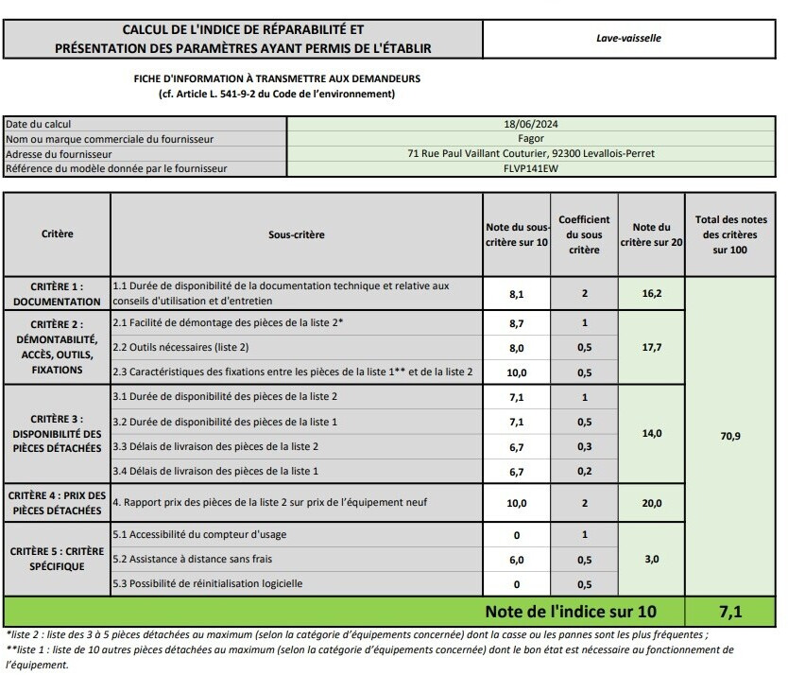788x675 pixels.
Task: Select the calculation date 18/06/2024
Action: tap(531, 124)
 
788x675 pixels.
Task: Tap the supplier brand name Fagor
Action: tap(531, 139)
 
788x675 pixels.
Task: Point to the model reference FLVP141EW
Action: tap(531, 169)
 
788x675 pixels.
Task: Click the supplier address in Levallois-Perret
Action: tap(531, 154)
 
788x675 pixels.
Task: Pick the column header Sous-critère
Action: tap(296, 234)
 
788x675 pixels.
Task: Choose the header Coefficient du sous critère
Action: tap(584, 234)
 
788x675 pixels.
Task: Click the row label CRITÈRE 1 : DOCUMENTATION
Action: tap(57, 294)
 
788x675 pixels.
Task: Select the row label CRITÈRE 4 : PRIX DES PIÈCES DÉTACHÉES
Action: tap(57, 503)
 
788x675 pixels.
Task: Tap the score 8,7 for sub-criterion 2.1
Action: tap(516, 323)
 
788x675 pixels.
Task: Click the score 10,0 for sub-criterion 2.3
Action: tap(516, 372)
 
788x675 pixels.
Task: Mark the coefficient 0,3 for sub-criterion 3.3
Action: tap(584, 446)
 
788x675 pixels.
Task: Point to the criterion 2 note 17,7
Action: tap(651, 348)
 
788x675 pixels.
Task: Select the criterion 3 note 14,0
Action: tap(651, 434)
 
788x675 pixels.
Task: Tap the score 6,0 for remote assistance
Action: tap(516, 560)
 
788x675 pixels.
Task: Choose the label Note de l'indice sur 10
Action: tap(570, 612)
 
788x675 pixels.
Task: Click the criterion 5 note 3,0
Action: tap(651, 560)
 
